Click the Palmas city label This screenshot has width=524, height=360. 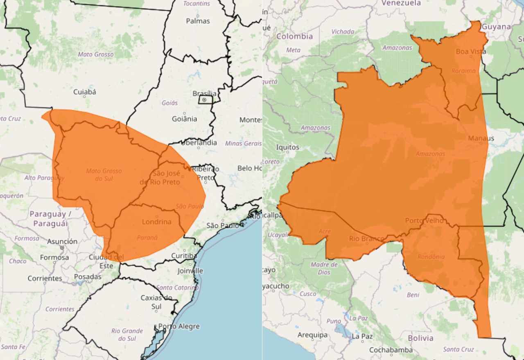click(198, 21)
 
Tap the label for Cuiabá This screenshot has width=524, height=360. click(85, 92)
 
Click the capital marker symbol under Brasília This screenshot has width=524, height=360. click(204, 100)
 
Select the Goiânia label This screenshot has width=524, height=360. click(184, 119)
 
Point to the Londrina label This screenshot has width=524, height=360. click(157, 222)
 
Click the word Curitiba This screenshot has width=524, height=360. click(184, 256)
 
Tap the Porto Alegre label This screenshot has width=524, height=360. click(179, 326)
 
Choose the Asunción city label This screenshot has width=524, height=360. click(62, 241)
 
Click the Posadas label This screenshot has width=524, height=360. click(88, 277)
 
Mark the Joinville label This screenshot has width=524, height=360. click(190, 271)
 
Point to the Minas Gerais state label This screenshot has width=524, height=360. click(243, 143)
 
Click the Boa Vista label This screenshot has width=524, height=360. click(471, 52)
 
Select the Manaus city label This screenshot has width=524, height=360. click(481, 138)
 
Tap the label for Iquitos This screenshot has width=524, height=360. click(288, 147)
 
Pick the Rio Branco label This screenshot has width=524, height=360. click(367, 239)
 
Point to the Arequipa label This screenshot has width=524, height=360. click(313, 335)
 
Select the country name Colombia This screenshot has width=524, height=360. click(294, 36)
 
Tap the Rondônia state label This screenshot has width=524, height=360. click(431, 257)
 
